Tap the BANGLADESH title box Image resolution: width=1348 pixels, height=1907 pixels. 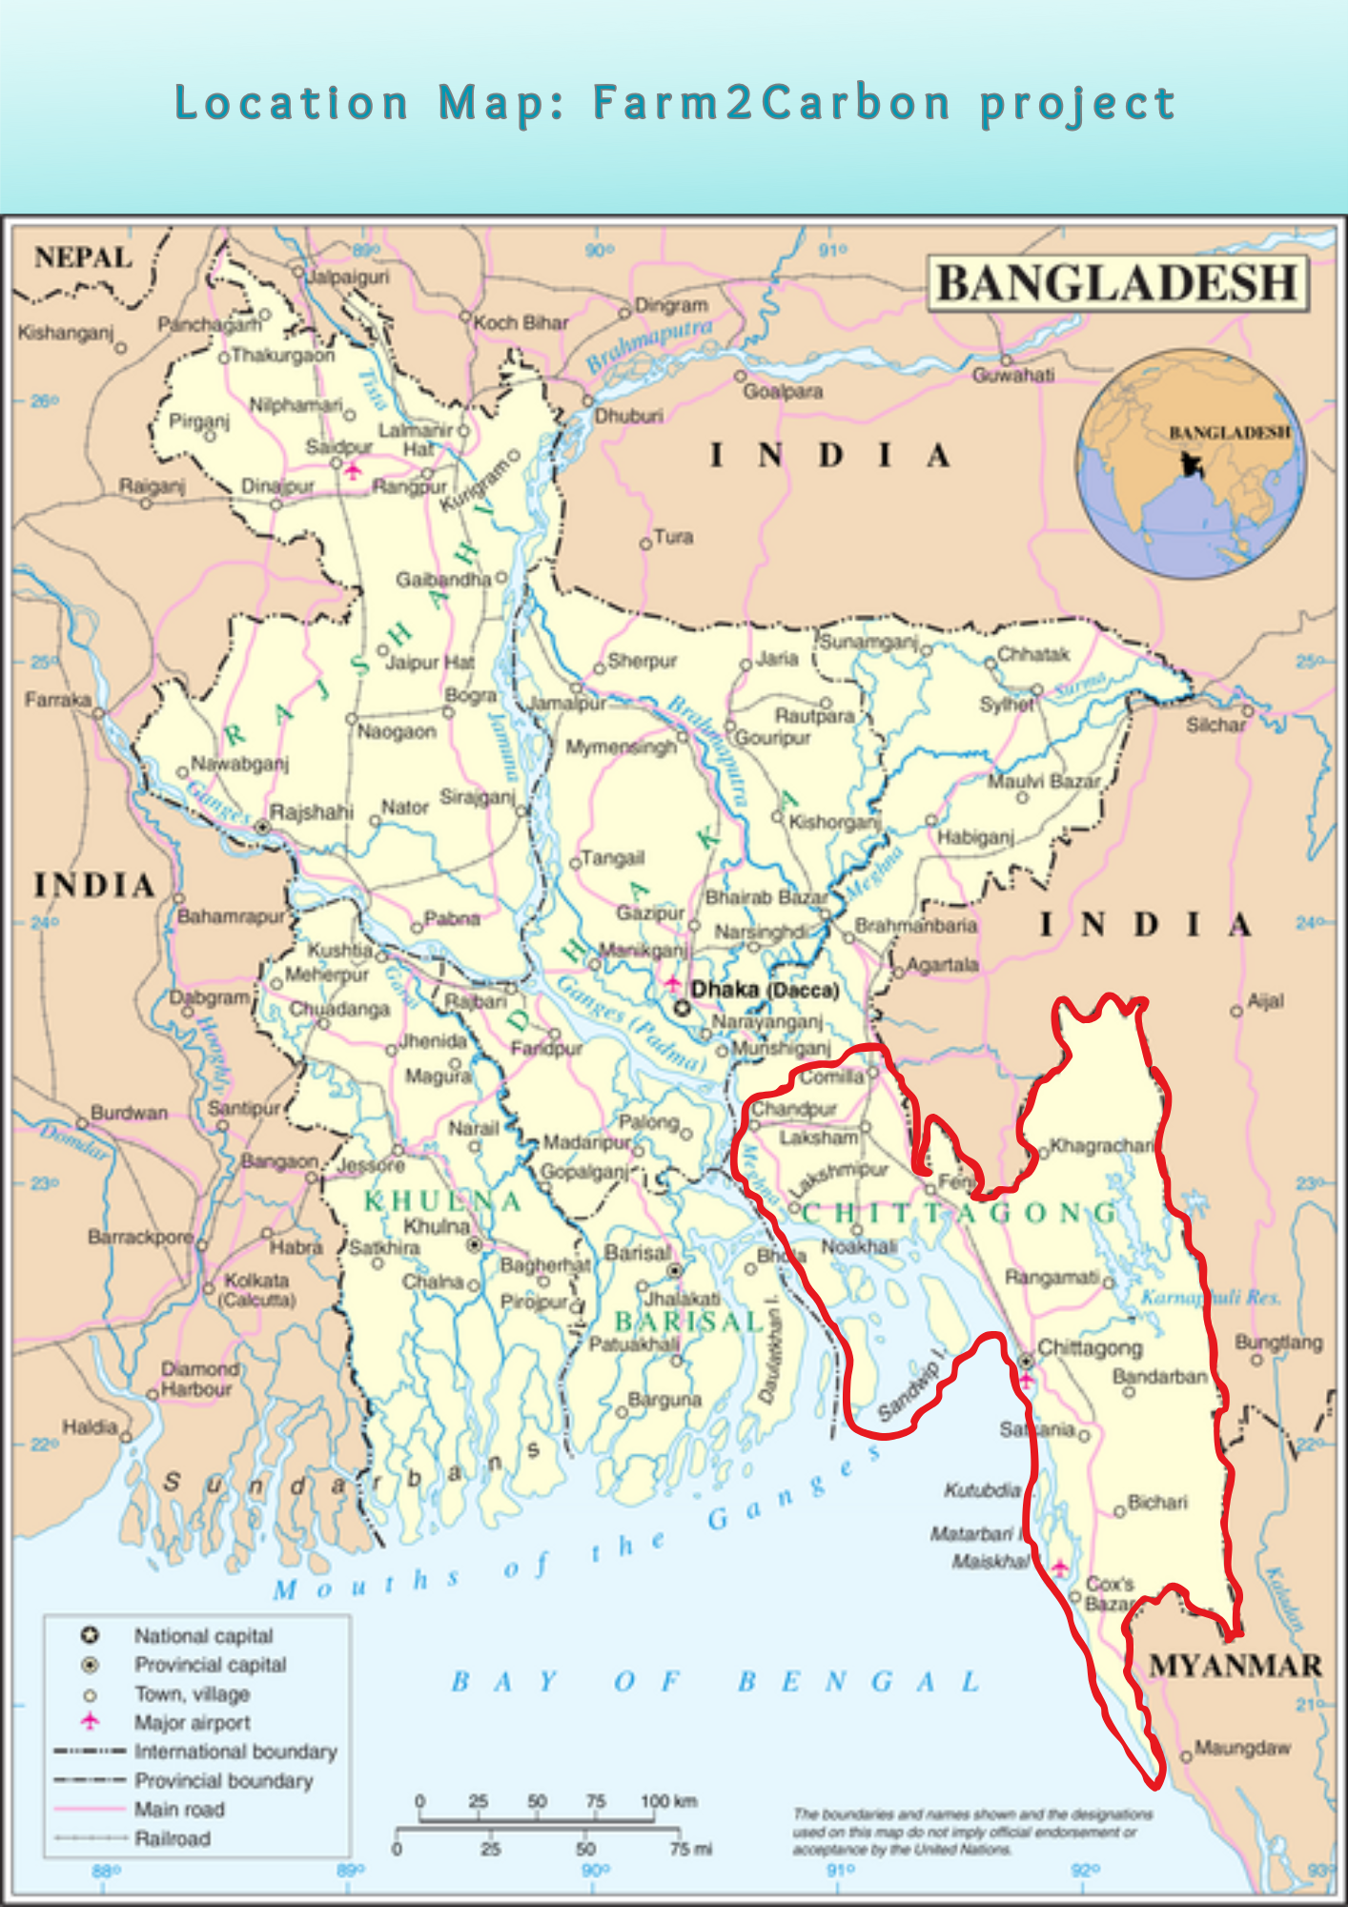coord(1117,283)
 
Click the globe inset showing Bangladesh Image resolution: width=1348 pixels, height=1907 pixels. coord(1191,463)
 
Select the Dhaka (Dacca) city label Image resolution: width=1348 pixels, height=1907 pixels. coord(765,990)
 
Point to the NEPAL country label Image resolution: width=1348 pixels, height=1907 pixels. coord(83,257)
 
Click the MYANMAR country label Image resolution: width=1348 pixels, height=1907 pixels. coord(1235,1666)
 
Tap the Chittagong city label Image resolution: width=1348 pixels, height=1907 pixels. coord(1089,1348)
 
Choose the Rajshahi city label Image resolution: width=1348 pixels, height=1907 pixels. coord(311,812)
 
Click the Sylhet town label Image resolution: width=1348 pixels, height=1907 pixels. coord(1006,705)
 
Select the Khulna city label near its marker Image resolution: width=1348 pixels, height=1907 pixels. coord(437,1226)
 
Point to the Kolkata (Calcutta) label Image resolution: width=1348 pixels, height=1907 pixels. coord(257,1289)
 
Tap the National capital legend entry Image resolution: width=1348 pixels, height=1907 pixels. coord(203,1636)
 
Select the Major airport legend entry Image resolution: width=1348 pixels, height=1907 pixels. coord(192,1723)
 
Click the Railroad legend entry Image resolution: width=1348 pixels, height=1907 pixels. coord(172,1838)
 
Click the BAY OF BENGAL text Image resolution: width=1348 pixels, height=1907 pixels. coord(715,1682)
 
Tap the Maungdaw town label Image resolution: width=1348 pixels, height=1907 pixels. coord(1241,1748)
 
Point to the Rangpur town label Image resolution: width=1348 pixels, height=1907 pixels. coord(408,487)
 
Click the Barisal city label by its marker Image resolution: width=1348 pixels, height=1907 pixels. coord(637,1253)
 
